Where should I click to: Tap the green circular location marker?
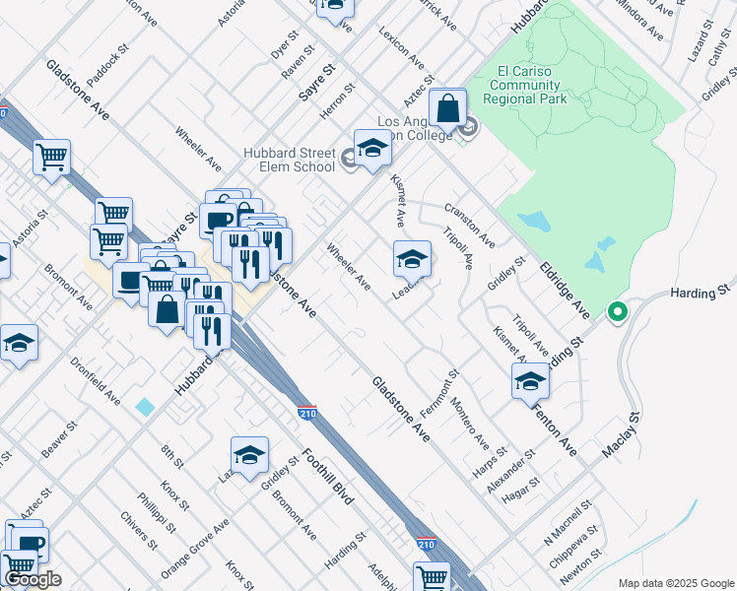coord(618,312)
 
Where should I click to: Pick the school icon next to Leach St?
coord(412,258)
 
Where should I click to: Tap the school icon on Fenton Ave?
coord(530,380)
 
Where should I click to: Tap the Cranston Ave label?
coord(469,226)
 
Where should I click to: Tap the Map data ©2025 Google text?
coord(675,583)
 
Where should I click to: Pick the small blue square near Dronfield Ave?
coord(146,406)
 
